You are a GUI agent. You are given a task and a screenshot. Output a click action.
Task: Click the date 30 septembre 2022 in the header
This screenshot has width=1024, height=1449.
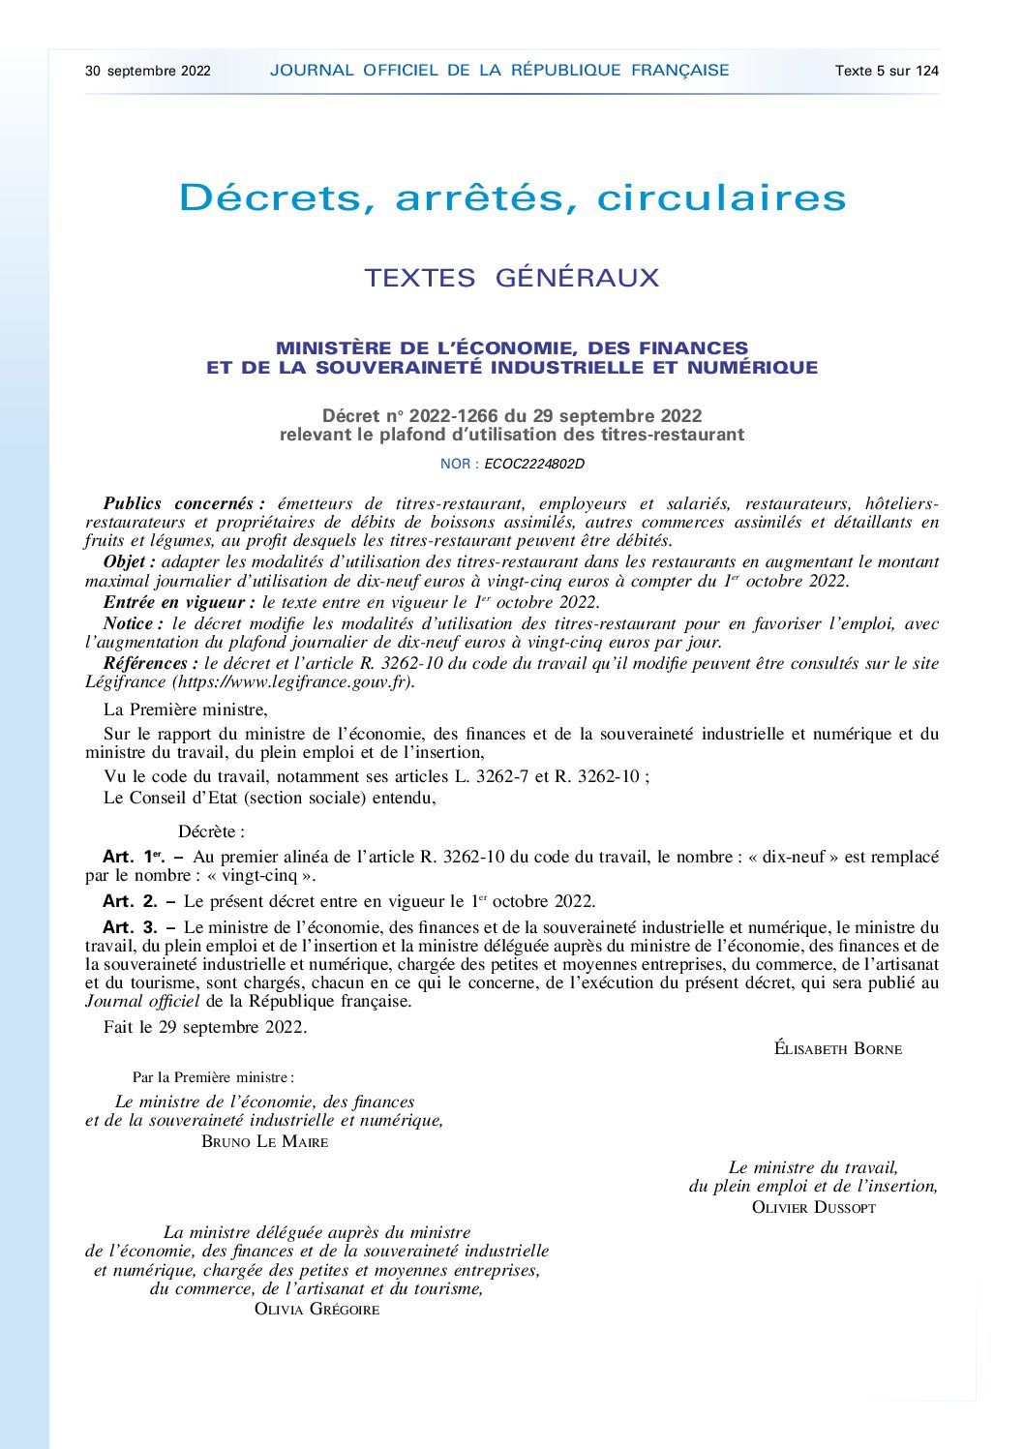(148, 71)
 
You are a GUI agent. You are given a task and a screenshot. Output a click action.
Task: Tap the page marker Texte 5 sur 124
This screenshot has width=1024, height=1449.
(887, 71)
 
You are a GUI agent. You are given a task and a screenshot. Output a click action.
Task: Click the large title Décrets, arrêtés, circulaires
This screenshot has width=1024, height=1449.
(513, 198)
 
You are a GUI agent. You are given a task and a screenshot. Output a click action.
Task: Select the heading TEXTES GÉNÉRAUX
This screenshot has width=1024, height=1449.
(512, 278)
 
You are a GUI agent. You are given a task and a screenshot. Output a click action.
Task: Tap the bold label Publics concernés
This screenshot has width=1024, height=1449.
(183, 504)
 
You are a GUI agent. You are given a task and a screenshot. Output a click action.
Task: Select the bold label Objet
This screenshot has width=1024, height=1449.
(129, 562)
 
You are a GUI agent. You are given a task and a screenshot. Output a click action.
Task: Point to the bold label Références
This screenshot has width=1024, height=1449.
(145, 664)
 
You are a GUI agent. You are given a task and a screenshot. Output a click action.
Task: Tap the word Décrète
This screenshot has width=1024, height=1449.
(211, 831)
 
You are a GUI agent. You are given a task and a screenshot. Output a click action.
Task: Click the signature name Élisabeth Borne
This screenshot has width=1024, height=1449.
(838, 1048)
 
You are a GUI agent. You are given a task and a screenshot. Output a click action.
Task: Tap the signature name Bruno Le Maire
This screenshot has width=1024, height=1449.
(265, 1142)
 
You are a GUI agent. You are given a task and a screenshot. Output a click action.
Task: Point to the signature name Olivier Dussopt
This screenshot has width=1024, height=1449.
(813, 1208)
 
